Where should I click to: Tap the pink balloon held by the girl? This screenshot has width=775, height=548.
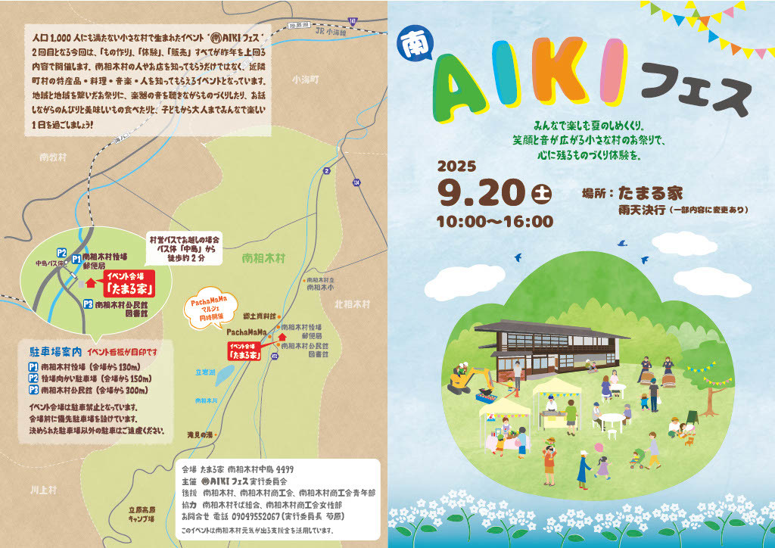[600, 447]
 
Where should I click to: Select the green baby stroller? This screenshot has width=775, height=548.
[637, 458]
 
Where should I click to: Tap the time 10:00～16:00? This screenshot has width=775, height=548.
[494, 222]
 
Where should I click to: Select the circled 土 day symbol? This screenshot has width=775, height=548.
[541, 193]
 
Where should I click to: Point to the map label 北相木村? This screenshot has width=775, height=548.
[352, 304]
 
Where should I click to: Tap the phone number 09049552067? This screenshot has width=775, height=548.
[253, 515]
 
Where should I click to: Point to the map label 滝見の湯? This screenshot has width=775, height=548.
[201, 434]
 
